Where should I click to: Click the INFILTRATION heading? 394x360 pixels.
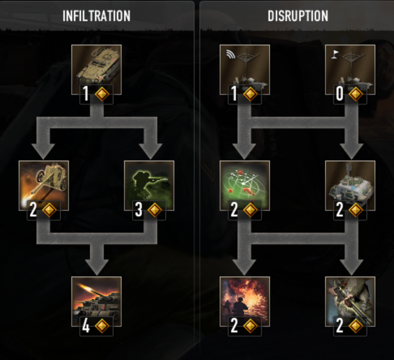coord(97,16)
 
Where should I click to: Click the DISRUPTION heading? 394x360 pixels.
coord(298,16)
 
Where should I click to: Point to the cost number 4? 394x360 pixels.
coord(86,326)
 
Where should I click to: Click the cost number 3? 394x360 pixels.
coord(139,210)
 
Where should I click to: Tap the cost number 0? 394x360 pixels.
coord(340,94)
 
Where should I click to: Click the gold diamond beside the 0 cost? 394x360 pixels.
coord(356,94)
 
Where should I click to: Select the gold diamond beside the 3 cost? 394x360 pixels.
coord(155,210)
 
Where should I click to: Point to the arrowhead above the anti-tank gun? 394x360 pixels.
coord(43,151)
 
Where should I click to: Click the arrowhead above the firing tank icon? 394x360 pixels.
coord(97,267)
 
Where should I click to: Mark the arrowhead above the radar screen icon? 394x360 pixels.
coord(244,151)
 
